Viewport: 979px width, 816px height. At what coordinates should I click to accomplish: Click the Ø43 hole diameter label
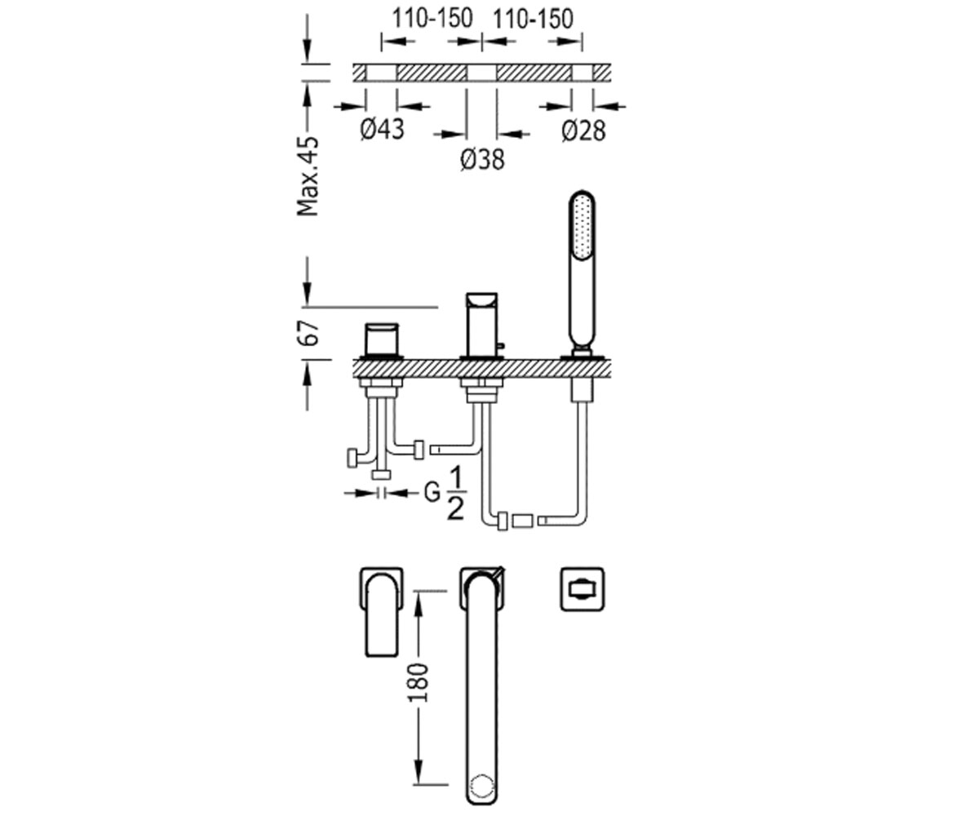tap(382, 129)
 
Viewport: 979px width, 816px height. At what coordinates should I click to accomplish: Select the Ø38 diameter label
tap(482, 159)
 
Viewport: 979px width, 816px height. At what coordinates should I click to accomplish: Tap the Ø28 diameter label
tap(584, 131)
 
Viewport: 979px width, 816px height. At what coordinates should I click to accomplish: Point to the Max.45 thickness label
tap(308, 176)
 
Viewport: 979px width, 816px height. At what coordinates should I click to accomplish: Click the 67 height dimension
tap(308, 333)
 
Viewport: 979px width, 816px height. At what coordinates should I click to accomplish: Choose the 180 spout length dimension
tap(419, 682)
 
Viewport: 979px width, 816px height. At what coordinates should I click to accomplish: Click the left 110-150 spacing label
tap(432, 19)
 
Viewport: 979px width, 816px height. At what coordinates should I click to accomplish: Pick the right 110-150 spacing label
tap(533, 19)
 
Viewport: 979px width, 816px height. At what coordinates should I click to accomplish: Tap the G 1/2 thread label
tap(445, 494)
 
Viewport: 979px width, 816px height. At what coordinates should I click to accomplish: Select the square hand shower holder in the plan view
tap(583, 589)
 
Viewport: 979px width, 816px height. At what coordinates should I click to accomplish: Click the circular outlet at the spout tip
tap(482, 785)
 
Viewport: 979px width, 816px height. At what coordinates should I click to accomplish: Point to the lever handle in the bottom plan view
tap(382, 615)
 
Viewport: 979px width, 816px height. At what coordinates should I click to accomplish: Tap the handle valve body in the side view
tap(382, 339)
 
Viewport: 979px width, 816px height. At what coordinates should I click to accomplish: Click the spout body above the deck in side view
tap(481, 325)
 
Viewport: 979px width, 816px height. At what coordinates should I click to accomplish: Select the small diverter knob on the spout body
tap(500, 347)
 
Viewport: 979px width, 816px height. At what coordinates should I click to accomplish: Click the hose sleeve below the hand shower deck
tap(583, 390)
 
